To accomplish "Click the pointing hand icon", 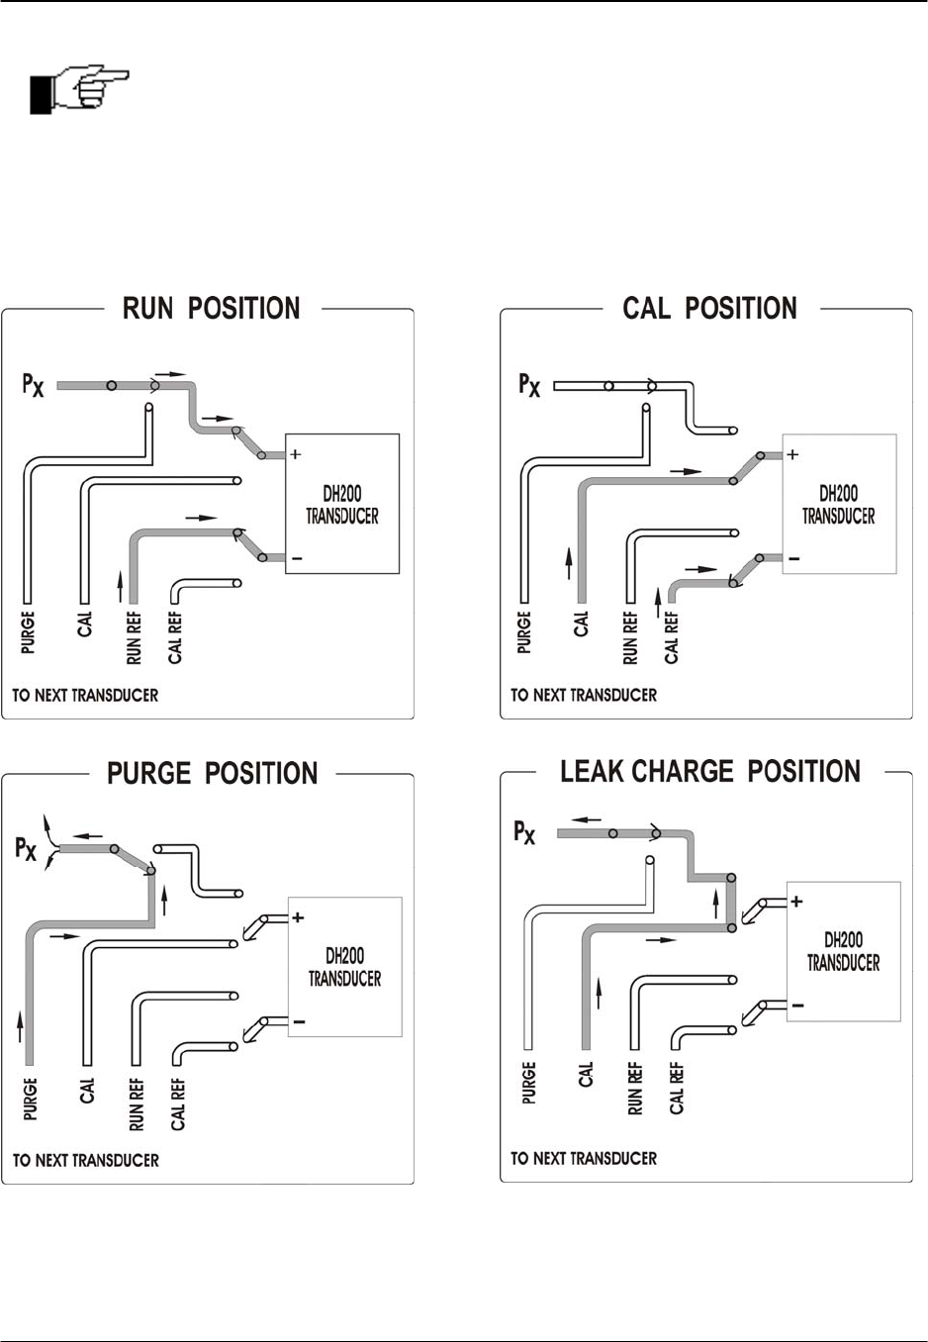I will [x=80, y=90].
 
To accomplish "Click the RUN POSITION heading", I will [x=211, y=309].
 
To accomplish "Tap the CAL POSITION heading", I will [x=709, y=309].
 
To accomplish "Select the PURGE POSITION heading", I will [x=213, y=773].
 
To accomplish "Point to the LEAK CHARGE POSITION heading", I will [x=709, y=772].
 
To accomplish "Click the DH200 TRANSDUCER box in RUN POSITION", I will [x=342, y=504].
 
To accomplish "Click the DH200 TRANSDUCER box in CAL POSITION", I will [x=839, y=504].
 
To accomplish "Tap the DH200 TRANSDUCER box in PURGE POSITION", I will [x=344, y=967].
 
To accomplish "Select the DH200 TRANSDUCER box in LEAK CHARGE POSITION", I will [x=843, y=951].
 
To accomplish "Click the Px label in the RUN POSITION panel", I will [x=33, y=385].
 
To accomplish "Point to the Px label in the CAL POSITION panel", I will [x=529, y=385].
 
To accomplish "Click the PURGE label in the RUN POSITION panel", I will [x=28, y=631].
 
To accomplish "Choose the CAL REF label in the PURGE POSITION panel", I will [x=178, y=1103].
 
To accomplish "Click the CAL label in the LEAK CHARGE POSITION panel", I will [x=585, y=1075].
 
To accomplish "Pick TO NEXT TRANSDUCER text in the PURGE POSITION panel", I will [x=86, y=1160].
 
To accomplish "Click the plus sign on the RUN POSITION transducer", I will [x=295, y=455].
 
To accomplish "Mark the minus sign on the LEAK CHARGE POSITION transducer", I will [x=797, y=1006].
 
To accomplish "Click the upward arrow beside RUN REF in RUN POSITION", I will [x=121, y=586].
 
